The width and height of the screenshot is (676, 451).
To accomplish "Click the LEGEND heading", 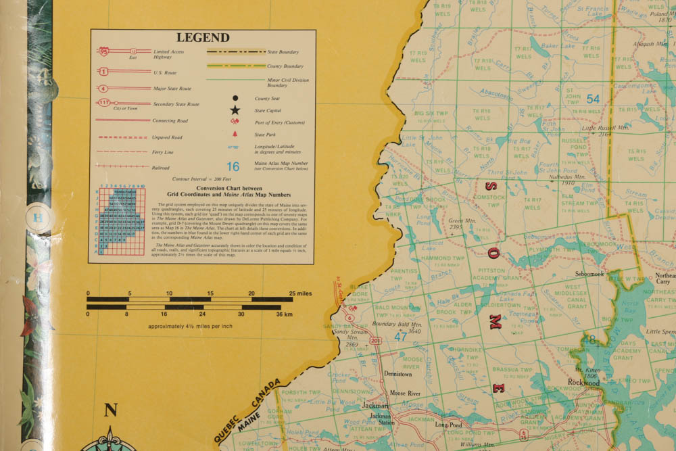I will pyautogui.click(x=203, y=38).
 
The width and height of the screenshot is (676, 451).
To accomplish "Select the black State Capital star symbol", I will pyautogui.click(x=235, y=110).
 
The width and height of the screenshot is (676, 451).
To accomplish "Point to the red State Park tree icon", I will pyautogui.click(x=234, y=135).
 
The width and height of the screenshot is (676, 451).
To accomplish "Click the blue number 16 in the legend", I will pyautogui.click(x=233, y=166).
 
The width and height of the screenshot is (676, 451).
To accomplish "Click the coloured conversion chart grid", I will pyautogui.click(x=122, y=220).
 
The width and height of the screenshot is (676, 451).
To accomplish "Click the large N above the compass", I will pyautogui.click(x=111, y=410).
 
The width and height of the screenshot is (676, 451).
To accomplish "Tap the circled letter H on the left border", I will pyautogui.click(x=39, y=218).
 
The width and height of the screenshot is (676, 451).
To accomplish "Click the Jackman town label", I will pyautogui.click(x=375, y=406).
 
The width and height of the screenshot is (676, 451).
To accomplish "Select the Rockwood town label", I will pyautogui.click(x=583, y=383).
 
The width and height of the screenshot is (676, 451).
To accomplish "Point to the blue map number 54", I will pyautogui.click(x=593, y=99).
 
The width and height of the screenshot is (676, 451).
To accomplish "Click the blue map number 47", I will pyautogui.click(x=401, y=335).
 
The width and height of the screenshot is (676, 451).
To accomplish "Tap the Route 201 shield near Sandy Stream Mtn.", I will pyautogui.click(x=375, y=340).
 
